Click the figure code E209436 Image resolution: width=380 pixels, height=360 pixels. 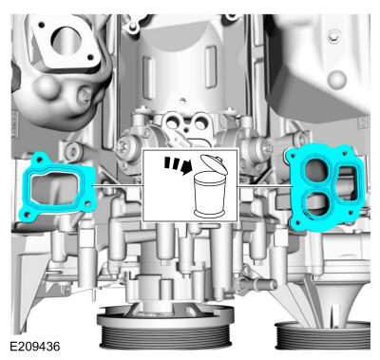tap(34, 347)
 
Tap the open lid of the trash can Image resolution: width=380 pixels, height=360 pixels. tap(215, 163)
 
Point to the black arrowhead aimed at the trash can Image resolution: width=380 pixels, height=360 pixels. tap(187, 168)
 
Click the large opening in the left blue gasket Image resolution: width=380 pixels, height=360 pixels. tap(54, 189)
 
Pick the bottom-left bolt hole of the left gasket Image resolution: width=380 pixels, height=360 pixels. tap(27, 215)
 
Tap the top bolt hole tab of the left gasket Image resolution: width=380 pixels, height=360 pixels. tap(40, 159)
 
